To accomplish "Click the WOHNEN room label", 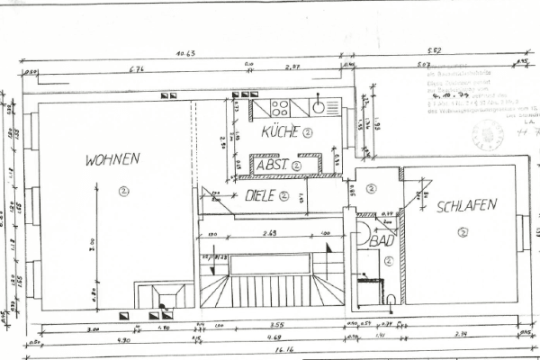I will tap(112, 160).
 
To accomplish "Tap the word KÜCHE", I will tap(279, 132).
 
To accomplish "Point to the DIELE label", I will tap(259, 194).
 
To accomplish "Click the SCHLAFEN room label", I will tap(466, 205).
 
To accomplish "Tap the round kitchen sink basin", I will tap(319, 108).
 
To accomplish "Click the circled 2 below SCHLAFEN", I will tap(463, 233).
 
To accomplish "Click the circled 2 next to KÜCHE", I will tap(307, 132).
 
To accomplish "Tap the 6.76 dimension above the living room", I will tap(137, 69).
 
